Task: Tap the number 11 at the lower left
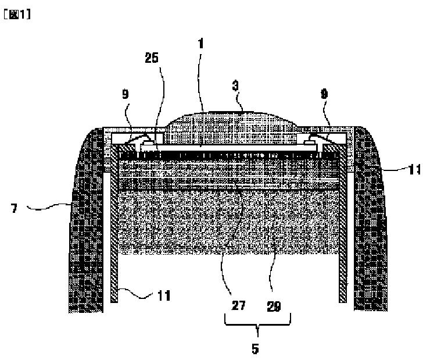164,295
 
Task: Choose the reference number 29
274,306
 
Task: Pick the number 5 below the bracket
255,348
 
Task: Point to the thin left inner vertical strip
114,238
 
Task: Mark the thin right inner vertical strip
344,238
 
